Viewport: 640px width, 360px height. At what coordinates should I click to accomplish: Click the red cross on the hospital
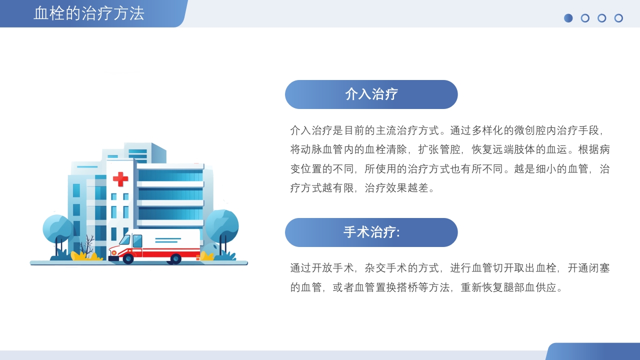(x=120, y=178)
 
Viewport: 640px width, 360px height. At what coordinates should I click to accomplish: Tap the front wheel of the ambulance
(x=128, y=258)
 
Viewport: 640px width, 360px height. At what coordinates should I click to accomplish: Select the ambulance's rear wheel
(x=175, y=258)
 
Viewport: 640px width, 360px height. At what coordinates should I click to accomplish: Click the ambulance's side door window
(x=137, y=240)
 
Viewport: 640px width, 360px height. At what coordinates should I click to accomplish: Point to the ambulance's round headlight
(x=114, y=252)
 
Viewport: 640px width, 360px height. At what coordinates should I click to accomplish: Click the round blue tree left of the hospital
(x=57, y=229)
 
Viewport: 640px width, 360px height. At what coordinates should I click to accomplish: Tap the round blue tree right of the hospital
(x=222, y=225)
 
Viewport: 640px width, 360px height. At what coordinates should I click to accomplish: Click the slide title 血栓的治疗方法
(x=89, y=13)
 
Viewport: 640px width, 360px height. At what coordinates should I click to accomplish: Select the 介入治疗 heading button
(x=371, y=94)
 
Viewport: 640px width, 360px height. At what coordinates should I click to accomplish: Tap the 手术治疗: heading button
(x=371, y=232)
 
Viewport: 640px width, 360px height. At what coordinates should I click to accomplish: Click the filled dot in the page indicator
(x=568, y=18)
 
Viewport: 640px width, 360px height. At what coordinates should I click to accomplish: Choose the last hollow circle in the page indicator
(x=618, y=18)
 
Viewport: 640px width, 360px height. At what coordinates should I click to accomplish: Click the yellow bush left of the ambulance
(x=84, y=256)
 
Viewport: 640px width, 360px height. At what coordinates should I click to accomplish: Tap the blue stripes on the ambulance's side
(x=167, y=240)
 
